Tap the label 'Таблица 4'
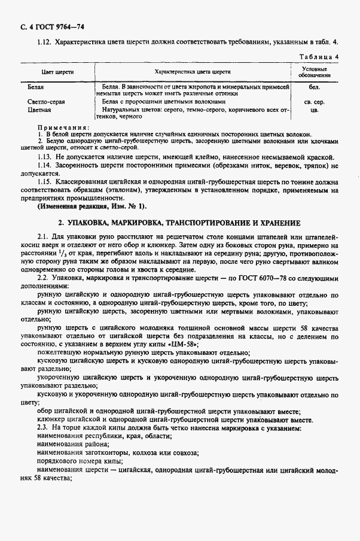(322, 57)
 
